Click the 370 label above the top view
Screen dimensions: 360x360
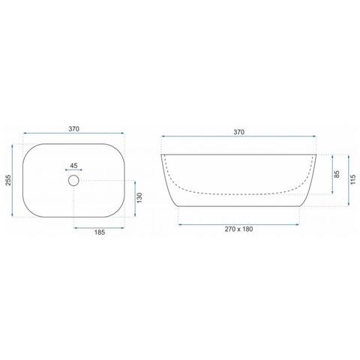73,129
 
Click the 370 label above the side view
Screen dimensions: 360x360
239,132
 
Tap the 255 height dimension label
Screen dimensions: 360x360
8,180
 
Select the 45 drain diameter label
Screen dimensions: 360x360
73,166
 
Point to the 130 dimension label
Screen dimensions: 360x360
139,198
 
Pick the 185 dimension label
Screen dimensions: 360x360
100,232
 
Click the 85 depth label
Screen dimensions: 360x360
337,174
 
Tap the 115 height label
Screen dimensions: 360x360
352,180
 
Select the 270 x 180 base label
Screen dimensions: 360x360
238,229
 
